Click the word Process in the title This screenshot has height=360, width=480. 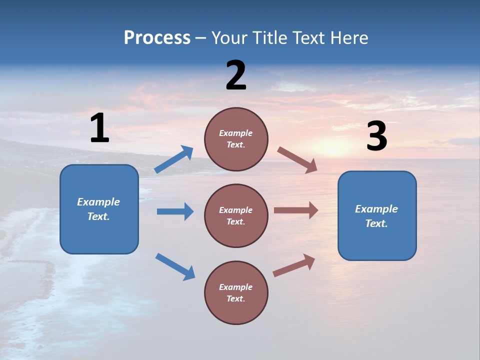(157, 38)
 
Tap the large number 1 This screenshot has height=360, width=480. (99, 128)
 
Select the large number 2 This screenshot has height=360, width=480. (236, 75)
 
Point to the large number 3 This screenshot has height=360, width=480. (377, 137)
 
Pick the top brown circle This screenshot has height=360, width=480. (236, 139)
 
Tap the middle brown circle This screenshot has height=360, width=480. (236, 215)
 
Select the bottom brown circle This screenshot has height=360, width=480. (236, 292)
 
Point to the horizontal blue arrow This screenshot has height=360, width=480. (175, 211)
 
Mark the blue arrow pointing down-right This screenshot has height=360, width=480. (175, 266)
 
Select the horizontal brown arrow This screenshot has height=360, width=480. (296, 210)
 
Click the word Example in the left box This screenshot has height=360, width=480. (98, 202)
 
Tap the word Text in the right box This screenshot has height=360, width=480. (376, 223)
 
